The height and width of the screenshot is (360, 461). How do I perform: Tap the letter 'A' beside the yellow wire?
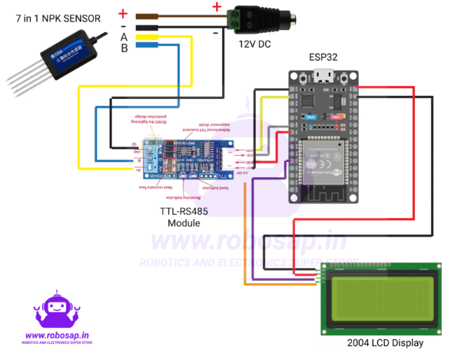click(x=124, y=35)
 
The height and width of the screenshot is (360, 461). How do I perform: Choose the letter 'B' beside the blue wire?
click(x=124, y=48)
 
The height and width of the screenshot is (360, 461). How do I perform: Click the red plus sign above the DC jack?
click(x=217, y=8)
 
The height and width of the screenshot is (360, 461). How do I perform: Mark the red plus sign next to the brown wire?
click(x=123, y=13)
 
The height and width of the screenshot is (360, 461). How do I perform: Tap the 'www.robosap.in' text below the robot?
click(x=58, y=335)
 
